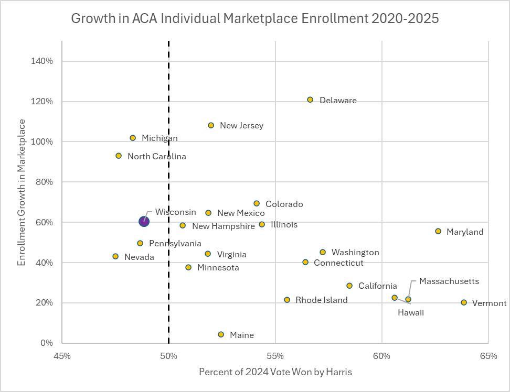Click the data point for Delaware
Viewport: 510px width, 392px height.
[x=310, y=100]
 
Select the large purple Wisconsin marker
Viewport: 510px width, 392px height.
[x=144, y=222]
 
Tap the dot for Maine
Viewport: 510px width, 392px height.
[x=221, y=334]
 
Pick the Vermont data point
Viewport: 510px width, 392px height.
[x=464, y=302]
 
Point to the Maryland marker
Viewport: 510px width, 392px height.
[x=438, y=231]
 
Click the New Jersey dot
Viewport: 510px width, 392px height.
[x=211, y=125]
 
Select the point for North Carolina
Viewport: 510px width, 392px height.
[x=119, y=156]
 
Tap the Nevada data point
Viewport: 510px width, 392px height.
[x=115, y=256]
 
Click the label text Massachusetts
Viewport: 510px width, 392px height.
[x=449, y=281]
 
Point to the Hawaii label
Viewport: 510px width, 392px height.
[x=410, y=313]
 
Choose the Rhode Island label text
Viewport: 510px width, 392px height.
[x=322, y=300]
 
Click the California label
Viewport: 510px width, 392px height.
[x=378, y=286]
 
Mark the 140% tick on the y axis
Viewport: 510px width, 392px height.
[x=42, y=61]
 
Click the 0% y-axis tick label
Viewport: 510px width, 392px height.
[x=47, y=343]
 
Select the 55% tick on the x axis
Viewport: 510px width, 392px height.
[x=275, y=356]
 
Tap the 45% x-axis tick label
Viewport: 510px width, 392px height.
[x=62, y=356]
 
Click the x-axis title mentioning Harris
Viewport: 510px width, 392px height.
[x=275, y=373]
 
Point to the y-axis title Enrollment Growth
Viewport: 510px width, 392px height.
[x=22, y=192]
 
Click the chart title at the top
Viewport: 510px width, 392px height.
[x=254, y=19]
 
